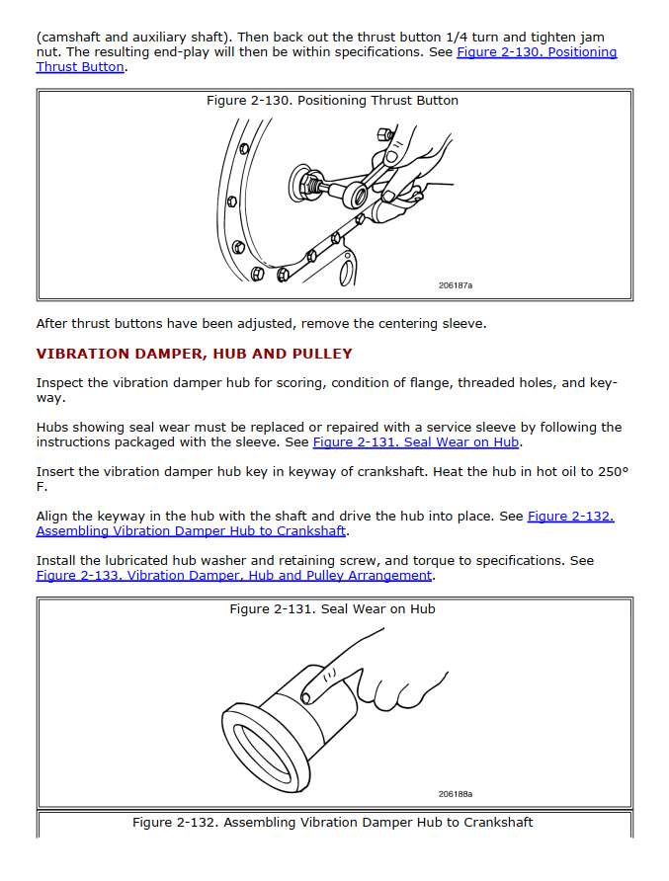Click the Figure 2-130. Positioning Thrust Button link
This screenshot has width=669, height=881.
(537, 52)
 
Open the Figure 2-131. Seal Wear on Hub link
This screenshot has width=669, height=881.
(416, 442)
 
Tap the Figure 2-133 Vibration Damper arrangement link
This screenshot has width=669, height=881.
(234, 576)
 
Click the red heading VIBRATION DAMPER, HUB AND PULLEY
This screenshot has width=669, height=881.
(194, 354)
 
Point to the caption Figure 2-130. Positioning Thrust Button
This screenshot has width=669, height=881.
(332, 101)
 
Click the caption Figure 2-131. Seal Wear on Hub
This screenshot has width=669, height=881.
(332, 609)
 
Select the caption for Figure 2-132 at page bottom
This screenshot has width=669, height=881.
(332, 823)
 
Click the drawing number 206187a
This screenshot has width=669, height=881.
(456, 285)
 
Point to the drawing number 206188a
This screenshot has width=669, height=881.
(456, 794)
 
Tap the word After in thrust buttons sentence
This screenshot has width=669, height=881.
(51, 323)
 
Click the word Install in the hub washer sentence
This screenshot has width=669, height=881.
(55, 561)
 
